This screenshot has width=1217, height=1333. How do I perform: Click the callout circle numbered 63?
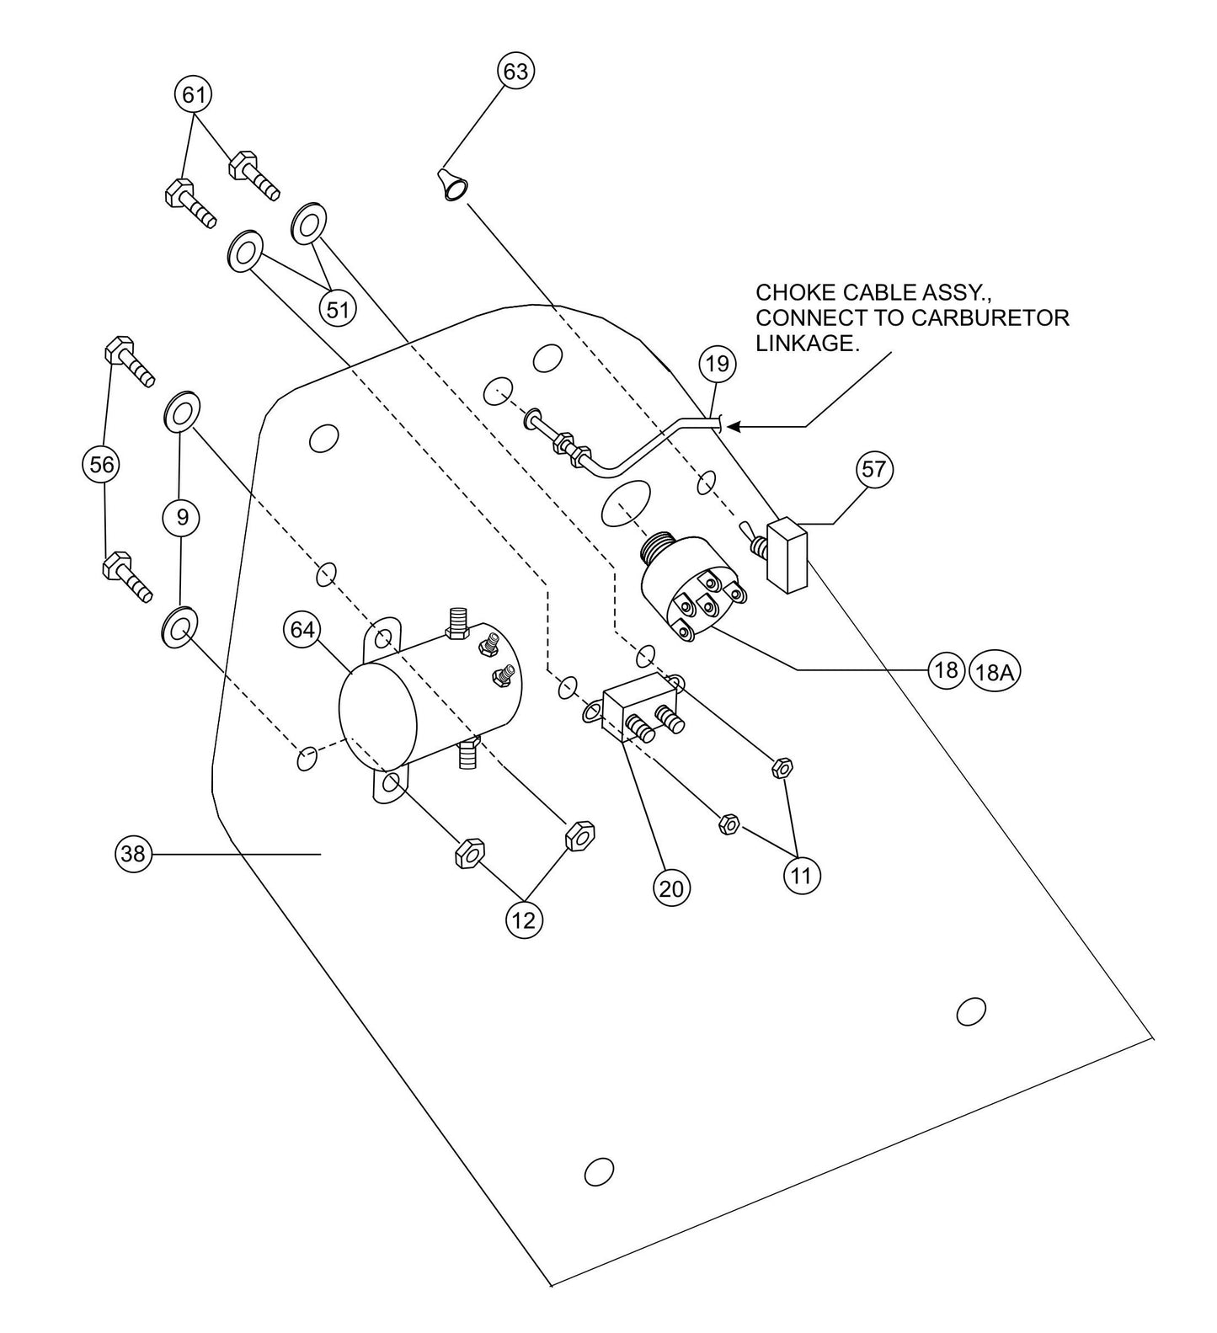click(x=515, y=72)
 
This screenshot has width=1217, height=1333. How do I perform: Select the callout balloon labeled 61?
click(x=194, y=94)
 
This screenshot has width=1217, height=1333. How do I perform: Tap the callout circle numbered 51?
click(x=337, y=309)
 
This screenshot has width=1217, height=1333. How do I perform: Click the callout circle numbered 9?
click(x=182, y=517)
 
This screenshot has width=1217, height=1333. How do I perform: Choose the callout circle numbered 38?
click(x=132, y=854)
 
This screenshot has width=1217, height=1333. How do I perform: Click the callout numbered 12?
click(x=523, y=920)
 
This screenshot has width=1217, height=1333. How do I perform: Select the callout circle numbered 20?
click(x=670, y=888)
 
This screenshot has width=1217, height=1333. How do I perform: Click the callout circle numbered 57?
click(x=873, y=468)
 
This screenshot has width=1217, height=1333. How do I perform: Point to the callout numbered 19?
click(x=717, y=364)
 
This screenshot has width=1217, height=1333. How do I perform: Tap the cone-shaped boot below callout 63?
click(x=452, y=184)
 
